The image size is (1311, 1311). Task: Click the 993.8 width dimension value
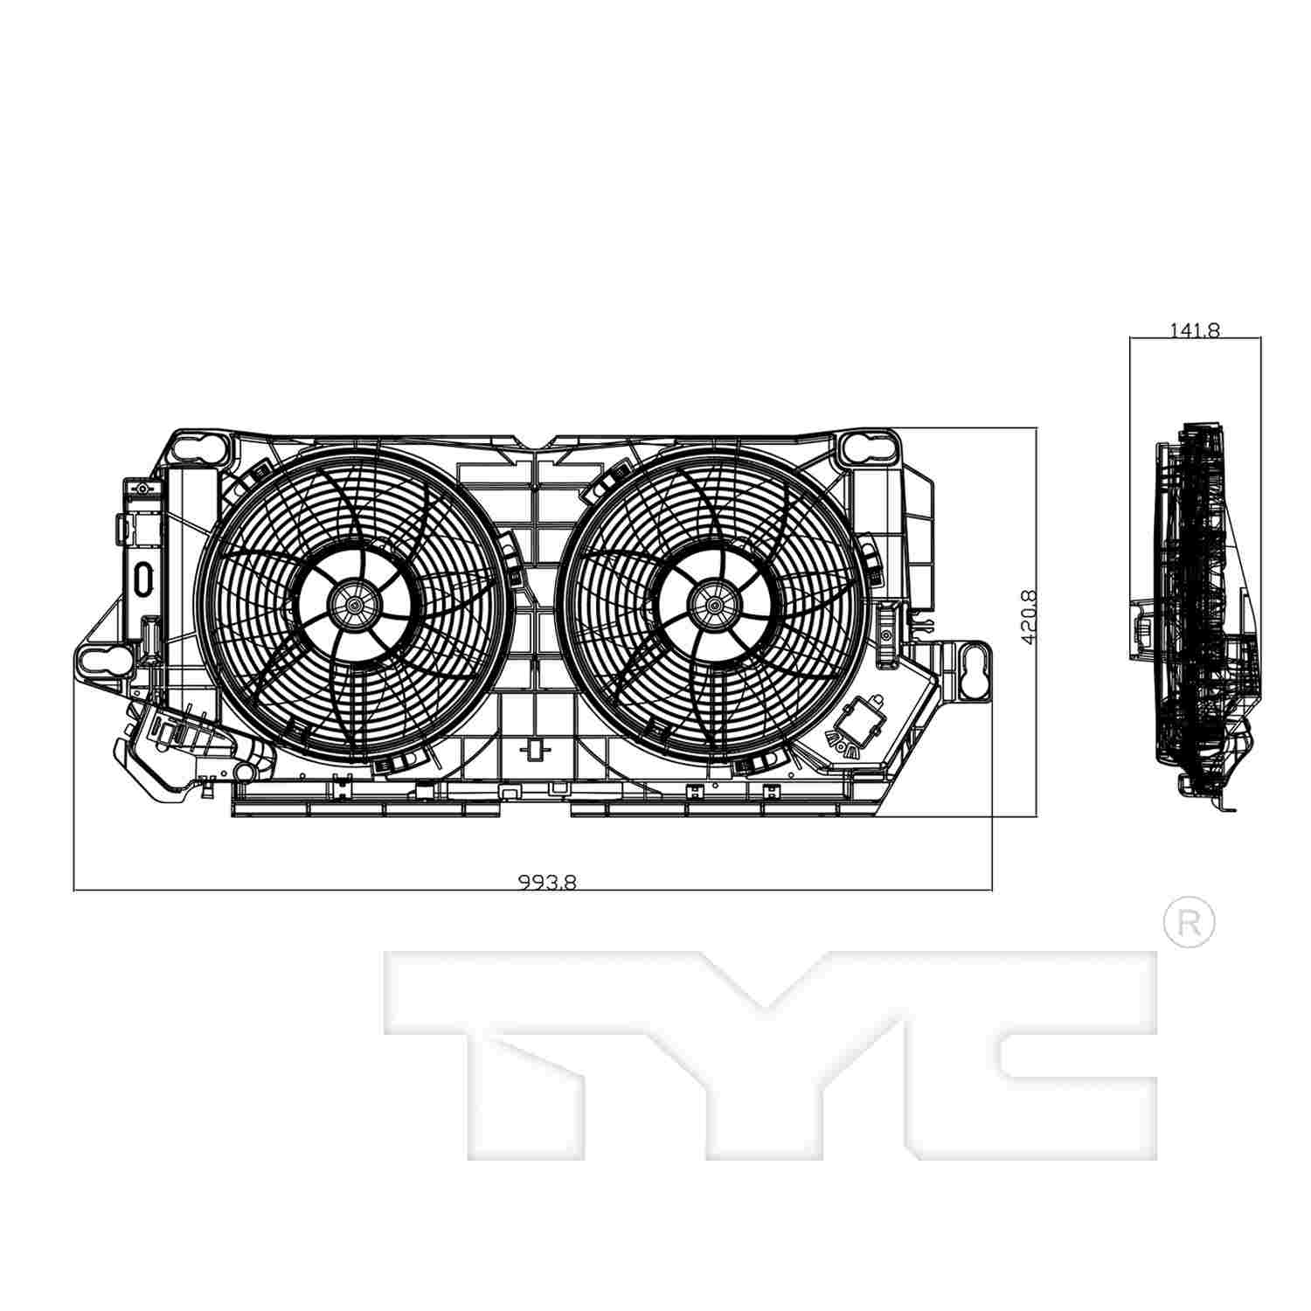(x=547, y=882)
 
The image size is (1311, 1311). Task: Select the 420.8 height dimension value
(x=1029, y=617)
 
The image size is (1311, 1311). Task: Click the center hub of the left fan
(x=355, y=602)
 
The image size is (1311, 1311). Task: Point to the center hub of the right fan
(x=716, y=602)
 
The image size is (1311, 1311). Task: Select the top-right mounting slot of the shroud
(x=870, y=447)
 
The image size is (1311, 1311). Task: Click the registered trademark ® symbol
(x=1190, y=921)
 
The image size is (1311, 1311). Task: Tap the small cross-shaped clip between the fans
(x=534, y=749)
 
